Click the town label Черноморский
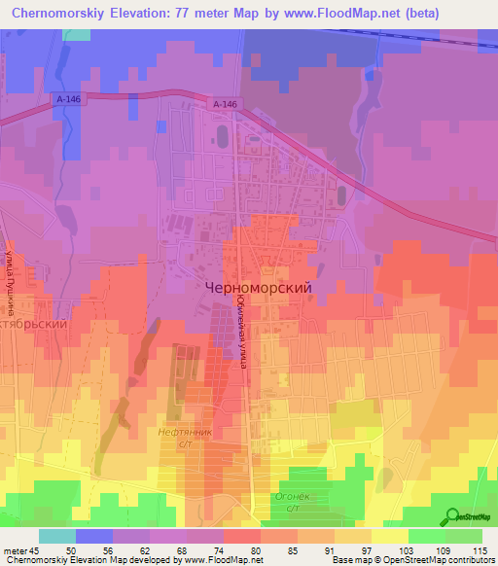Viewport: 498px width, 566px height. tap(258, 288)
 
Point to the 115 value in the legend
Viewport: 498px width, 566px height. tap(478, 549)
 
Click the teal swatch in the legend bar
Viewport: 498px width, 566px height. tap(56, 536)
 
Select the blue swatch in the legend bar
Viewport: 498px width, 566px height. tap(93, 536)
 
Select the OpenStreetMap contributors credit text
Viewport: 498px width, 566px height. tap(429, 560)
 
